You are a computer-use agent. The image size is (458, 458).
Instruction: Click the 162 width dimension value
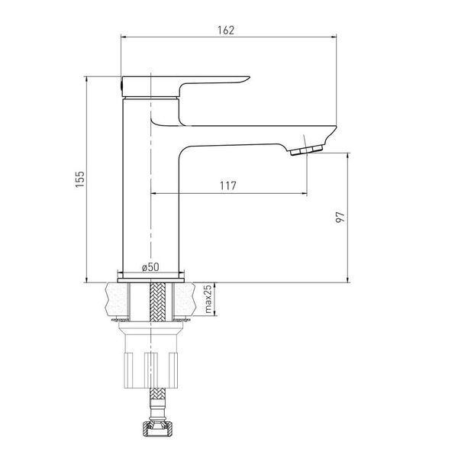click(x=226, y=30)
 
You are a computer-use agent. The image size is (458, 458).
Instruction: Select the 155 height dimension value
click(x=79, y=179)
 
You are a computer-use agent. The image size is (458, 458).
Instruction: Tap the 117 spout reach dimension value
click(x=227, y=185)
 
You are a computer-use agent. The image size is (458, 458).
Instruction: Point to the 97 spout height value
click(x=340, y=218)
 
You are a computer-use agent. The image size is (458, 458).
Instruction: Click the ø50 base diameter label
click(x=150, y=267)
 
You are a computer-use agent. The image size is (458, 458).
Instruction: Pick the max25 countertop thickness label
click(x=208, y=299)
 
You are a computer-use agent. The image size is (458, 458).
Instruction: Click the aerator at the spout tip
click(x=306, y=150)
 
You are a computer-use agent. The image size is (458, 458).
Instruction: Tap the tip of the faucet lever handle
click(x=249, y=77)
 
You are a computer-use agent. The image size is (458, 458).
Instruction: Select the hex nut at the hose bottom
click(x=157, y=428)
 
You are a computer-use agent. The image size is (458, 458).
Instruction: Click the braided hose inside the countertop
click(x=157, y=302)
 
